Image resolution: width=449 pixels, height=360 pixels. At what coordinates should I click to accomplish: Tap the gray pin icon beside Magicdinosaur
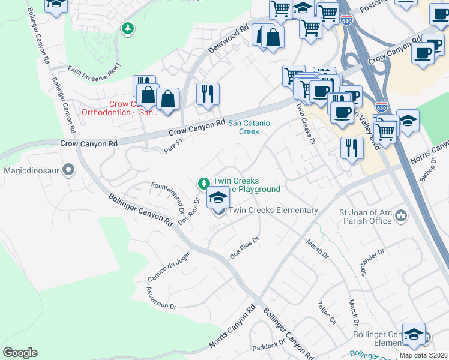tap(68, 170)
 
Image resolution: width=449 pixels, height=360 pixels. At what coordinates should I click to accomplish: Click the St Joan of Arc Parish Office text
tap(365, 216)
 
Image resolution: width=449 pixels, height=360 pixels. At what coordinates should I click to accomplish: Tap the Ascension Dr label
tap(161, 298)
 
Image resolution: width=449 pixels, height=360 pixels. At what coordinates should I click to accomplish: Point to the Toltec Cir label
tap(328, 312)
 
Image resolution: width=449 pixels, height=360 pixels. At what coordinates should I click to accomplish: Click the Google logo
tap(20, 352)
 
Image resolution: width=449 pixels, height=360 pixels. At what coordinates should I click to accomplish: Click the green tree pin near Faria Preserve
tap(127, 28)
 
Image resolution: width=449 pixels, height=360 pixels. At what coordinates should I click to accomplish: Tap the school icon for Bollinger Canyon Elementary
tap(414, 334)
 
